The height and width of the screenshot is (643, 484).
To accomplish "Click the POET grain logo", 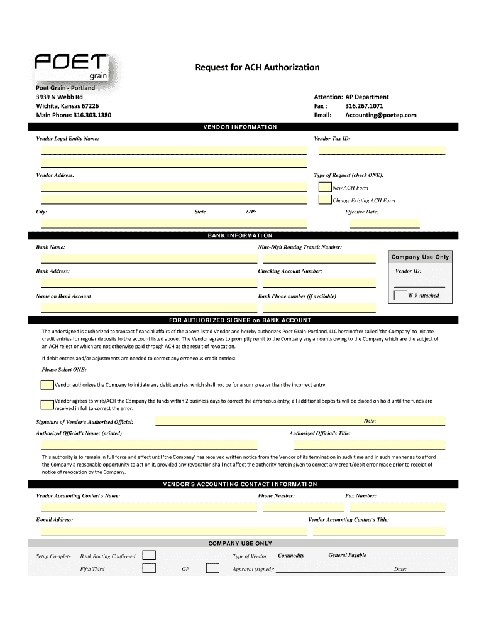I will (73, 67).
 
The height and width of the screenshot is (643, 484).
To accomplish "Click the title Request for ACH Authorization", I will (256, 67).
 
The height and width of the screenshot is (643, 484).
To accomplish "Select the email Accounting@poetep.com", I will (380, 116).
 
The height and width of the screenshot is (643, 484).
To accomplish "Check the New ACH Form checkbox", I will (325, 187).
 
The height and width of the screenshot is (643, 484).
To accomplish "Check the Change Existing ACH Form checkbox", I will (325, 200).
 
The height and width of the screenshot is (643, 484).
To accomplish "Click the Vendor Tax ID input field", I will (382, 150).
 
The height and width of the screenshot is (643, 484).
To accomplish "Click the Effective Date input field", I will (384, 223).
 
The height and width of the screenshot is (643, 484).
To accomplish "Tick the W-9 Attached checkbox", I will (400, 295).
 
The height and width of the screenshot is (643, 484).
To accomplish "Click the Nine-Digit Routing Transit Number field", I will (319, 258).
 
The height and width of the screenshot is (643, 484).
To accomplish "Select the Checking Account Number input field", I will (319, 283).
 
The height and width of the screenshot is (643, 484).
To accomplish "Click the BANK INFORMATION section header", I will (240, 236).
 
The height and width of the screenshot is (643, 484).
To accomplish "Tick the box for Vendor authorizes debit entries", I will (47, 384).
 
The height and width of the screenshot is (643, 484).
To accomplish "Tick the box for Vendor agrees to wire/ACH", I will (47, 404).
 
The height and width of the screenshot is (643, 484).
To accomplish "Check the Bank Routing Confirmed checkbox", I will (149, 555).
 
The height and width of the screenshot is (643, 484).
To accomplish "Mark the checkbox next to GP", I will (212, 568).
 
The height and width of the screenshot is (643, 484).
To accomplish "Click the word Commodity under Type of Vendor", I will (291, 556).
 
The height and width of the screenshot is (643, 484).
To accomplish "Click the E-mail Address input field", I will (174, 531).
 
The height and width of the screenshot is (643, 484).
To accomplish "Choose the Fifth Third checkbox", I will (149, 568).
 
